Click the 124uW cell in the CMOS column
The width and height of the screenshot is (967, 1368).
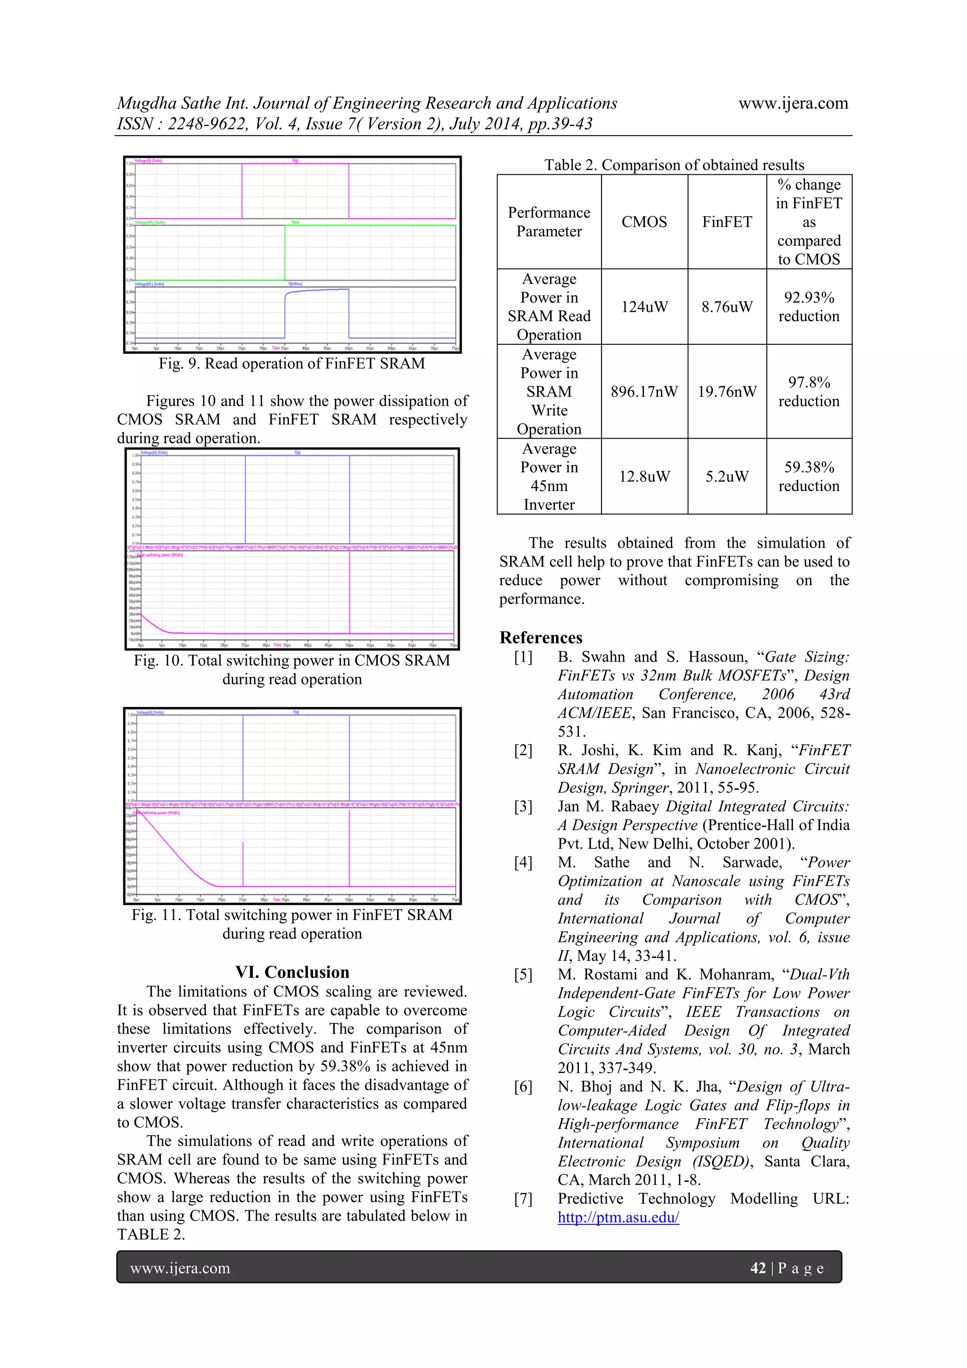pyautogui.click(x=644, y=307)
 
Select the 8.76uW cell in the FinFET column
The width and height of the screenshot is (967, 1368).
pyautogui.click(x=726, y=307)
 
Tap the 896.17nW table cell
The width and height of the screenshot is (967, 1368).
pyautogui.click(x=644, y=391)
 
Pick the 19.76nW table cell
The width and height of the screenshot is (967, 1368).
pyautogui.click(x=727, y=391)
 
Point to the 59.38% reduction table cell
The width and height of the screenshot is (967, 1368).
pyautogui.click(x=808, y=476)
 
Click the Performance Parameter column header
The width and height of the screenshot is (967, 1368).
pyautogui.click(x=549, y=221)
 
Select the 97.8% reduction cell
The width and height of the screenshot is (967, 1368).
pyautogui.click(x=808, y=391)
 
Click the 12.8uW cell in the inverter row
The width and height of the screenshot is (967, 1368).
pyautogui.click(x=644, y=476)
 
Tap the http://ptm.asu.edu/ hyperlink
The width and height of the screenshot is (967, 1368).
pyautogui.click(x=618, y=1217)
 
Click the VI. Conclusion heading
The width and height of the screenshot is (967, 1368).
pyautogui.click(x=292, y=972)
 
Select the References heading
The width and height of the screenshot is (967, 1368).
pyautogui.click(x=541, y=637)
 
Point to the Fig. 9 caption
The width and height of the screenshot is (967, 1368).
pyautogui.click(x=291, y=364)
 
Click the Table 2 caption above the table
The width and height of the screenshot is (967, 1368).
pyautogui.click(x=674, y=165)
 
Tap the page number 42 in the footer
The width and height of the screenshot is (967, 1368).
pyautogui.click(x=757, y=1268)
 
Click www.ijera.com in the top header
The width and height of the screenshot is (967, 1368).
pyautogui.click(x=793, y=103)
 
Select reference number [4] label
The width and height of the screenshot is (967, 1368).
pyautogui.click(x=523, y=862)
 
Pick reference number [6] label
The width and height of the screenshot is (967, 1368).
pyautogui.click(x=523, y=1086)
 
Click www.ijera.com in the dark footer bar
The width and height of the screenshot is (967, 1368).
pyautogui.click(x=180, y=1268)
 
